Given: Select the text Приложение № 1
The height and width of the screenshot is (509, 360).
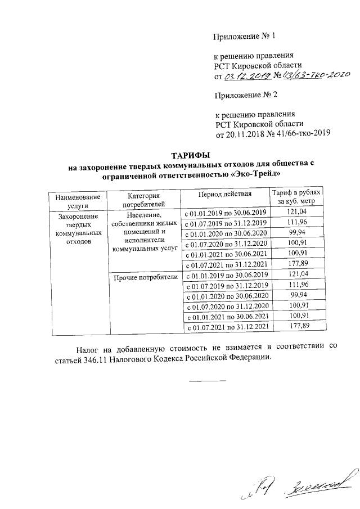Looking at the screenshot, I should tap(245, 38).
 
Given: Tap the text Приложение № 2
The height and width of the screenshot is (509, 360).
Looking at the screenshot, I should tap(245, 94).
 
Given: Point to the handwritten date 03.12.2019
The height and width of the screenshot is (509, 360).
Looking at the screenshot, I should tap(249, 76).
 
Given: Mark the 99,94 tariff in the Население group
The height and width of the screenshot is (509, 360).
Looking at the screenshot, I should tap(296, 232).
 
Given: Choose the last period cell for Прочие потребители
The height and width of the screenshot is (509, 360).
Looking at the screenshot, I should tap(225, 326).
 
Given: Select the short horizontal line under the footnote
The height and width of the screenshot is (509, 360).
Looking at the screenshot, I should tap(208, 381).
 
